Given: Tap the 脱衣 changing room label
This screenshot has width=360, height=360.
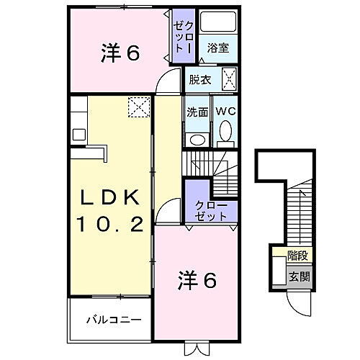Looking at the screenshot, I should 201,80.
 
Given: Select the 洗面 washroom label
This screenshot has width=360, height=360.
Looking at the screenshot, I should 197,112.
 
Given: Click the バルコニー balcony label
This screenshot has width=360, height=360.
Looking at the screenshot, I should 109,318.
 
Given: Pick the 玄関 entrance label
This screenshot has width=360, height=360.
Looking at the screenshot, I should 297,275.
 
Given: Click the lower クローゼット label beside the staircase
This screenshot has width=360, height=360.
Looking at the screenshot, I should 211,211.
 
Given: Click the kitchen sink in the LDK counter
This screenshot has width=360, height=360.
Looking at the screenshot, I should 78,133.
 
